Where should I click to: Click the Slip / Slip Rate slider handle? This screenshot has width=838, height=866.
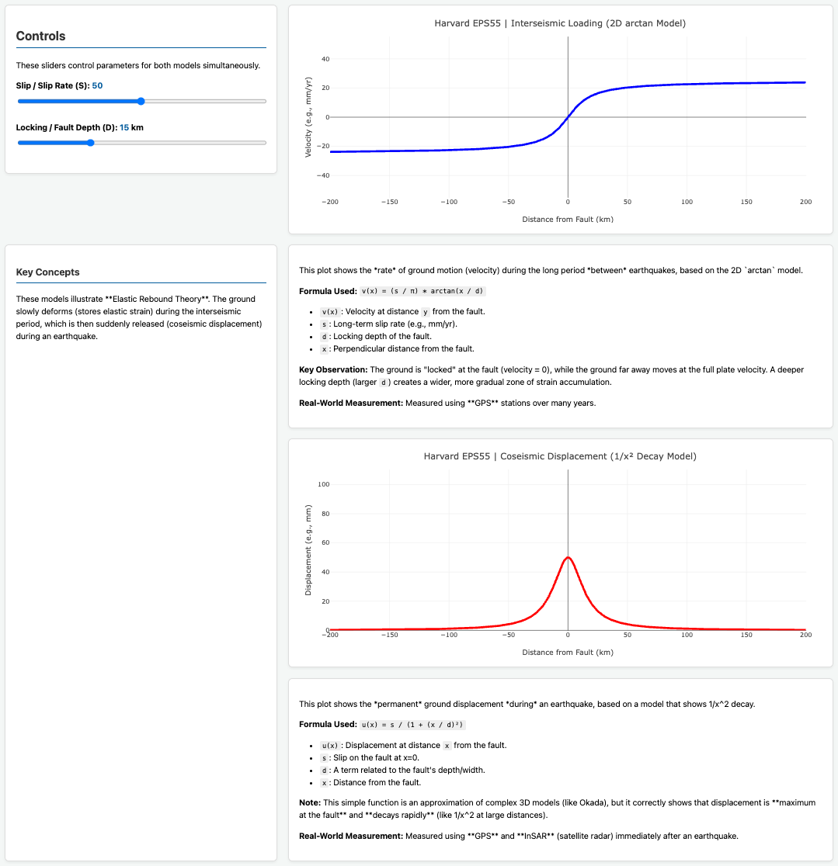(141, 101)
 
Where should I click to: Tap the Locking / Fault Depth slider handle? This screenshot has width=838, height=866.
(91, 143)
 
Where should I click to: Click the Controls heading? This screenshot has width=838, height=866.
(40, 36)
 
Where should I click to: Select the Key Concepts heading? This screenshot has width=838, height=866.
(47, 272)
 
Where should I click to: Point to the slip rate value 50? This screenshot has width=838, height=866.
(97, 85)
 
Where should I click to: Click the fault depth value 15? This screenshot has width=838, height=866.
(124, 127)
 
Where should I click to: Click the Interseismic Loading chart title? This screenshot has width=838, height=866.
(560, 23)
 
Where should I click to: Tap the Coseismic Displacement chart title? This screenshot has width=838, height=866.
(560, 456)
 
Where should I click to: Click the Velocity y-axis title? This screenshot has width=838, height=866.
(308, 117)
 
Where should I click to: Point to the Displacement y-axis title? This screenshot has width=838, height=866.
(308, 550)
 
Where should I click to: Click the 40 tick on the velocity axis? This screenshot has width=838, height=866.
(325, 59)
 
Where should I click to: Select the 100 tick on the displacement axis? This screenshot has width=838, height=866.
(324, 484)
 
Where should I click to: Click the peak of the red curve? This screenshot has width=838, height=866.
(568, 557)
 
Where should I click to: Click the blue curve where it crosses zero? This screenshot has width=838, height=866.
(568, 117)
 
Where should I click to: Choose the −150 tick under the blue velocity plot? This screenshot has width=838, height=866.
(389, 203)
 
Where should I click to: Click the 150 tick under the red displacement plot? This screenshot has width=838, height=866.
(746, 635)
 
